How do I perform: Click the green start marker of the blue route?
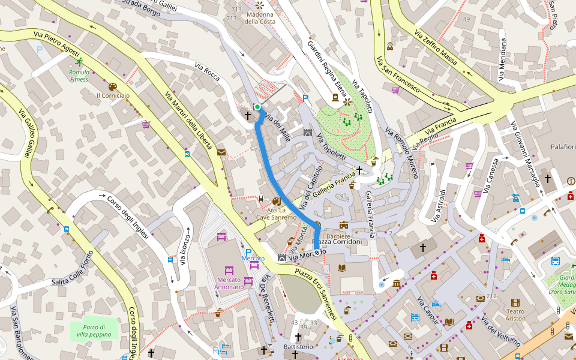(x=257, y=107)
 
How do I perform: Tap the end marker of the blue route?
(x=317, y=253)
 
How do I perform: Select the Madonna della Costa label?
(x=260, y=18)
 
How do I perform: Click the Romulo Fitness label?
(x=79, y=76)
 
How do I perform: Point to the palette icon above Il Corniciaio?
(x=113, y=86)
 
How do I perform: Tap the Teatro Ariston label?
(x=515, y=315)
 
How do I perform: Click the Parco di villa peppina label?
(x=94, y=330)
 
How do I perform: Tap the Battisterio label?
(x=298, y=347)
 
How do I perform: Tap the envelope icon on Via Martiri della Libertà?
(x=221, y=152)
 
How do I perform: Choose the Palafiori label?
(x=563, y=146)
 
